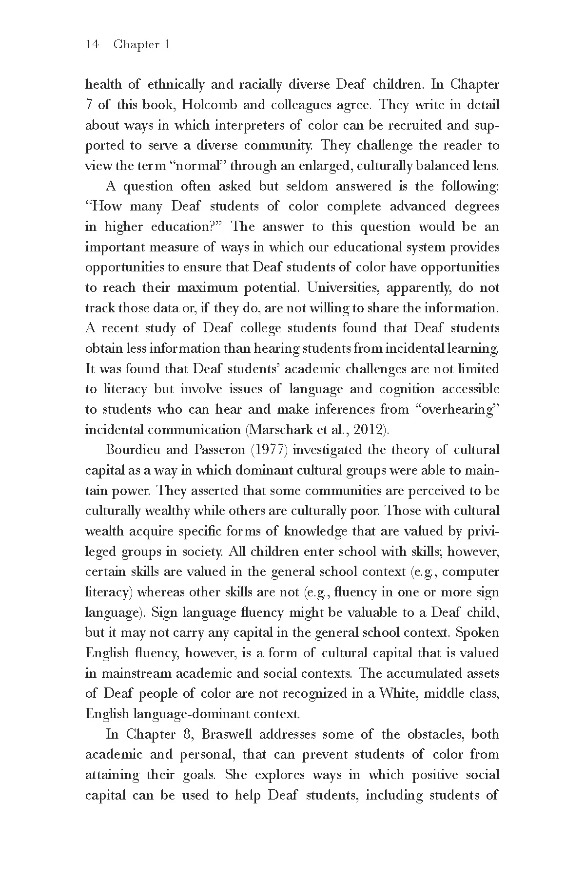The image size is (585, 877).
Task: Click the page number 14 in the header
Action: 92,45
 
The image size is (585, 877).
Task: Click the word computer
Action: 471,572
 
